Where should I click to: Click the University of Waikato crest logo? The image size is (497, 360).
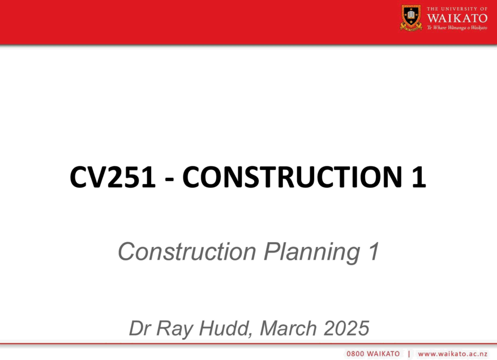coord(411,18)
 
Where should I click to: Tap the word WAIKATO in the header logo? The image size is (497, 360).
coord(457,18)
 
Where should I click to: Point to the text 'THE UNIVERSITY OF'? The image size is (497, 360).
coord(457,9)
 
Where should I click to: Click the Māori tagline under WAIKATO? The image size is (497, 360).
coord(457,28)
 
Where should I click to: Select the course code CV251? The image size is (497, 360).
coord(113,177)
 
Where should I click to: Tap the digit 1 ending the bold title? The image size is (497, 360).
coord(419,177)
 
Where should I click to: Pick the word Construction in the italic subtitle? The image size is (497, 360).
coord(187,252)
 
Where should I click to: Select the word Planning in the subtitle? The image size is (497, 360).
coord(312,252)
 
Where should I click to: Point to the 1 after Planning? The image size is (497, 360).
coord(374,251)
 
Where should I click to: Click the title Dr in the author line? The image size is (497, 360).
coord(140,328)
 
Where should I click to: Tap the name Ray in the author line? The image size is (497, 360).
coord(175,329)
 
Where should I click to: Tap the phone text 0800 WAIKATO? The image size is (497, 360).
coord(373,354)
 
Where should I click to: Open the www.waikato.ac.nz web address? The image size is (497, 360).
coord(453,354)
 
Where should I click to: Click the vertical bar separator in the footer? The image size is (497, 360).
coord(409,354)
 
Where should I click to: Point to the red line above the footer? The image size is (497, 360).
coord(249,343)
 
